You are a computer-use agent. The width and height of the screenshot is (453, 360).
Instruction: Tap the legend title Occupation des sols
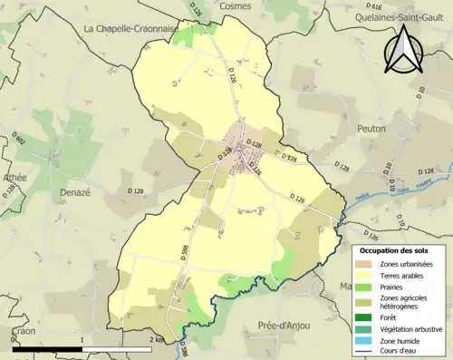click(x=394, y=250)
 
